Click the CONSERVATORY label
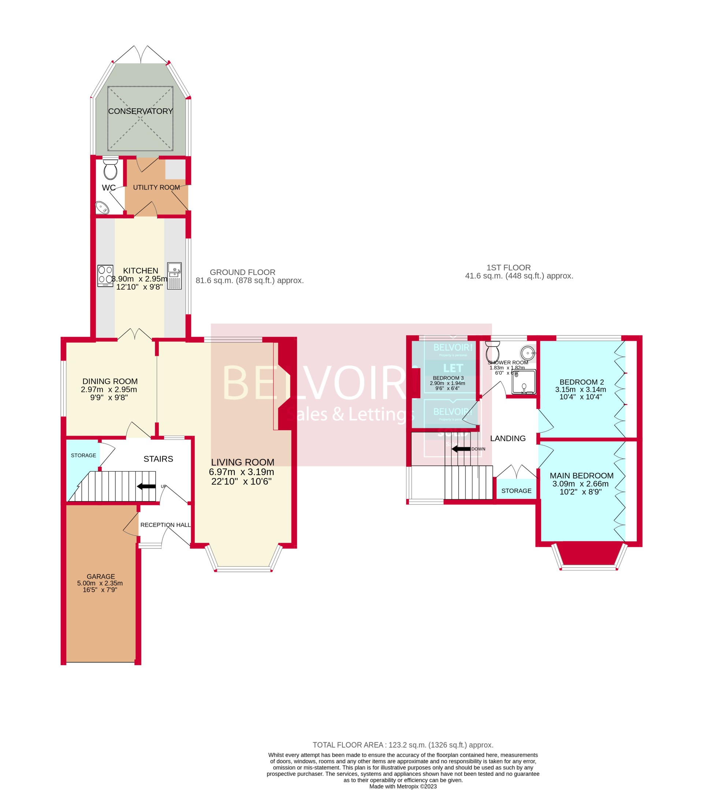140,111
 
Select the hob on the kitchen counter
105,276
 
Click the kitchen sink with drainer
174,276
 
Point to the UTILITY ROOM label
156,187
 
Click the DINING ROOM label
110,381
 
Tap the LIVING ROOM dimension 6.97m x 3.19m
241,472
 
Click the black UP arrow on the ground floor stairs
146,486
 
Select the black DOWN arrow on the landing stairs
461,449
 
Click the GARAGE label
100,576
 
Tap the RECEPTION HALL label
165,525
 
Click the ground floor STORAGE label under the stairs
83,455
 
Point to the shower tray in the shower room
524,382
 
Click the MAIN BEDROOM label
581,476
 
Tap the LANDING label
507,438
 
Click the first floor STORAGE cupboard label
516,491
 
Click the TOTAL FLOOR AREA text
403,745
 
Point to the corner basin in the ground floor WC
103,208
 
